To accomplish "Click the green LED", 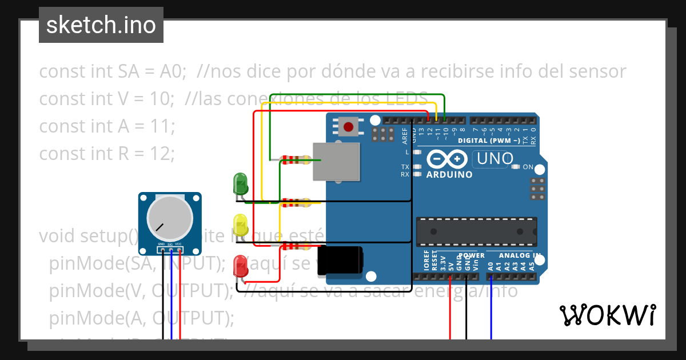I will [240, 183].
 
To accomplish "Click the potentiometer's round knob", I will [169, 219].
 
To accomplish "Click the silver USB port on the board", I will [337, 162].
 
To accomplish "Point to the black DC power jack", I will [340, 261].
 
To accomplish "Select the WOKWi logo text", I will [607, 315].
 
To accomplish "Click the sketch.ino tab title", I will [101, 25].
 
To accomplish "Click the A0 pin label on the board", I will [490, 265].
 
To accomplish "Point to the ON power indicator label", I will [528, 167].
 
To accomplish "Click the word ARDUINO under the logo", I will [449, 174].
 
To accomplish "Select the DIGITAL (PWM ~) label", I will [489, 141].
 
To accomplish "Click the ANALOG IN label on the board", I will [520, 255].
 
